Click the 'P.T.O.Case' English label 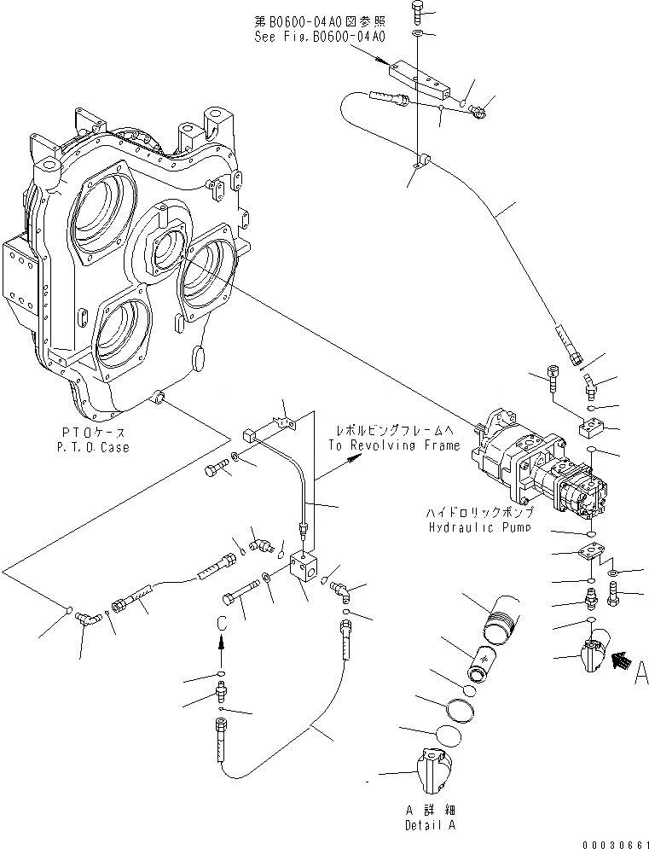95,448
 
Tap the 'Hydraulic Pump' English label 480,527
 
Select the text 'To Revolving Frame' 393,445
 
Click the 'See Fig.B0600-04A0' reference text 319,38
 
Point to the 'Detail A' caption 426,826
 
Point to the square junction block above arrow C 302,568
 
